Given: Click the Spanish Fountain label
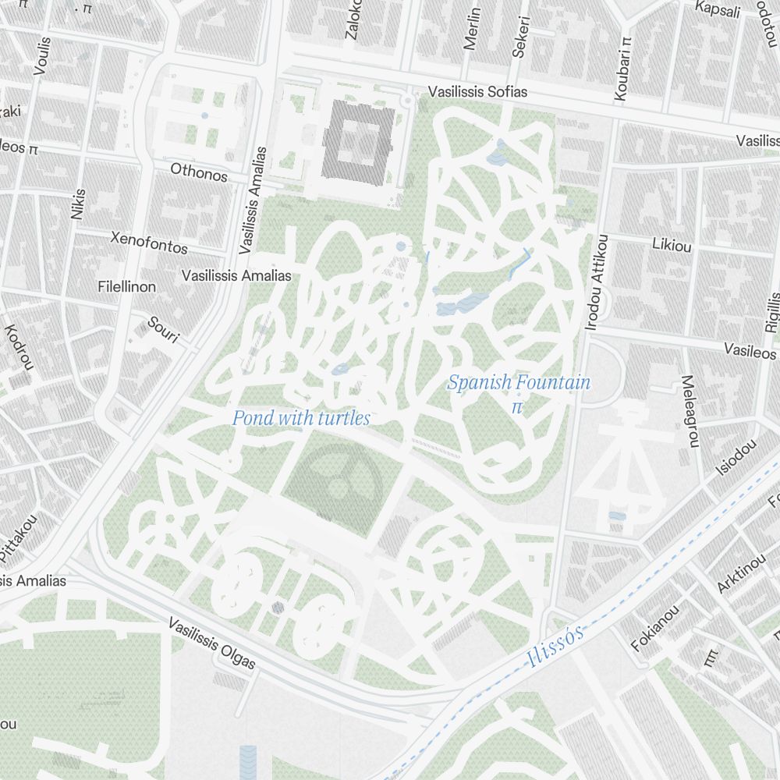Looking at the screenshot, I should coord(519,383).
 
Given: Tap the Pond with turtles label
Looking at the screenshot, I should coord(301,419).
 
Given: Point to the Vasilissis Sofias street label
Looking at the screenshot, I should coord(477,92).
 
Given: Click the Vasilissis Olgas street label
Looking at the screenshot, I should coord(212,644).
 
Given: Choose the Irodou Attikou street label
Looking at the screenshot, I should coord(595,282).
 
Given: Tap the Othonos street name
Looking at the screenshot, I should coord(199,172).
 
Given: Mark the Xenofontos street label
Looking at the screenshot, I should coord(150,243).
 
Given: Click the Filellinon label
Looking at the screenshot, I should coord(127,287).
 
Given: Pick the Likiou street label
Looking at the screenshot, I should coord(672,245).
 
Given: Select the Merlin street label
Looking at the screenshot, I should coord(472,30).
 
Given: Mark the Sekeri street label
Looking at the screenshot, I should coord(520,37).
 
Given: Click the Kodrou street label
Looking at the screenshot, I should coord(19,347).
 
